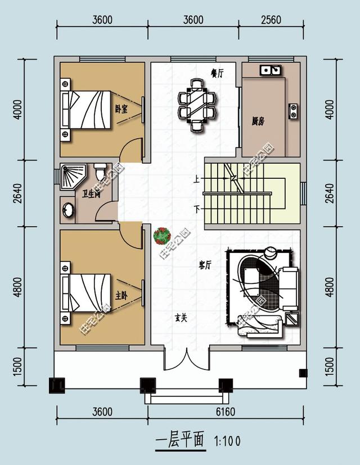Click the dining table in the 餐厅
196,105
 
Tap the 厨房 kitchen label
259,120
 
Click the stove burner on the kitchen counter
293,110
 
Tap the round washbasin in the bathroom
67,209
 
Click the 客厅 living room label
205,265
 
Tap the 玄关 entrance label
180,317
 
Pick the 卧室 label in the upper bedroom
120,109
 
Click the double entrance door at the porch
187,360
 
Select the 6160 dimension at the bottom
225,412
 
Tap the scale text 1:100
227,441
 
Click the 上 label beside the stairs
196,180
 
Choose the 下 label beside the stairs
196,209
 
